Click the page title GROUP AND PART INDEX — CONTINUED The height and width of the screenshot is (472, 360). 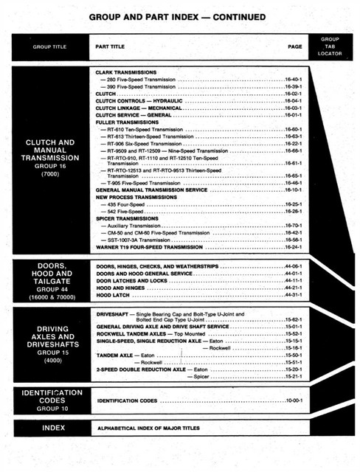[180, 15]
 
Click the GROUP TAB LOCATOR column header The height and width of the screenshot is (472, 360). [328, 46]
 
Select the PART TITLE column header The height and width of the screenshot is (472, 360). [110, 46]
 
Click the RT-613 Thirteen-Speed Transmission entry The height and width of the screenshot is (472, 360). [145, 136]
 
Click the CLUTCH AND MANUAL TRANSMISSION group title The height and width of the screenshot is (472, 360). [49, 157]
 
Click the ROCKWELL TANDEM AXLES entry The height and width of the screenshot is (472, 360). [140, 333]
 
